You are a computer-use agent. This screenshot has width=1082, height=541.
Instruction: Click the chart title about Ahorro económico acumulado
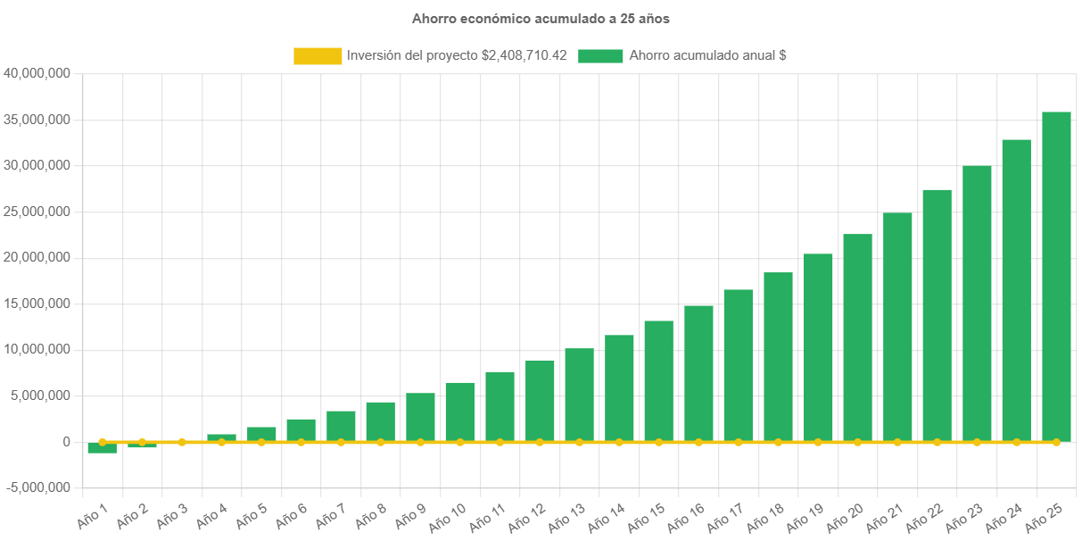[x=541, y=18]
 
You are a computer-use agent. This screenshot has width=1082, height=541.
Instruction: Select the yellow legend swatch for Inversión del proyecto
[x=318, y=55]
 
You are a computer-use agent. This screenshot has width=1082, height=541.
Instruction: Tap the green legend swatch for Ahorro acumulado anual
[x=600, y=55]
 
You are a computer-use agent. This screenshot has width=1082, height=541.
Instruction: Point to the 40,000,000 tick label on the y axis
[x=37, y=73]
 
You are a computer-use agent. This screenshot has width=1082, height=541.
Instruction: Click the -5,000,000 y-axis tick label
[x=37, y=488]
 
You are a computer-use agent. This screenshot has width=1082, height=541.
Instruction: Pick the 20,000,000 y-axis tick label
[x=37, y=257]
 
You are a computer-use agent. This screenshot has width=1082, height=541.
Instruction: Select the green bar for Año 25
[x=1056, y=277]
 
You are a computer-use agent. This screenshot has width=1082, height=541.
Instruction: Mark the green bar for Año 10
[x=460, y=412]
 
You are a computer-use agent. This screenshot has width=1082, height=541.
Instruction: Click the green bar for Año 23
[x=977, y=304]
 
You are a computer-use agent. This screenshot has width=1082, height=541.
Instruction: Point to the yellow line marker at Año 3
[x=182, y=442]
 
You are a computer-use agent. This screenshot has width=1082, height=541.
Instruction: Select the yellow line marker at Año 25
[x=1056, y=442]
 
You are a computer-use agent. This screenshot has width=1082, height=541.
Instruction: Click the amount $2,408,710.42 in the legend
[x=524, y=55]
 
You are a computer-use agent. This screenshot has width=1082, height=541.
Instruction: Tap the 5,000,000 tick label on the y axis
[x=41, y=395]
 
